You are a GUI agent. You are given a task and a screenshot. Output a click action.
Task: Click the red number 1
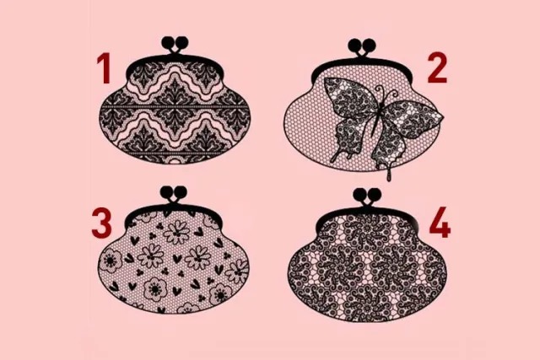[x=104, y=68]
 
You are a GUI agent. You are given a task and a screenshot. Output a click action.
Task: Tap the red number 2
[x=437, y=68]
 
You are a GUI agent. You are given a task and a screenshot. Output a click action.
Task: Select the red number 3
[x=101, y=223]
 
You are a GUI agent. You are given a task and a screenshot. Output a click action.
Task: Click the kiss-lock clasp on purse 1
[x=175, y=45]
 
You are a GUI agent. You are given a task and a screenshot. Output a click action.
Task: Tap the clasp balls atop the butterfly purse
[x=362, y=46]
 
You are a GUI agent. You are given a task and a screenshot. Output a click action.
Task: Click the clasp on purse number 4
[x=368, y=196]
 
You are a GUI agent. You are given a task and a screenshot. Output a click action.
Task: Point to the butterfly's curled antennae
[x=387, y=91]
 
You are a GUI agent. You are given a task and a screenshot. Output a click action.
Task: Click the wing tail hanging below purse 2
[x=390, y=172]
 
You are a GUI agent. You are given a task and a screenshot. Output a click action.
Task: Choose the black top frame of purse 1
[x=175, y=62]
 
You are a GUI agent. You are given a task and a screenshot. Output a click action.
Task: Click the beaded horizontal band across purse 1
[x=175, y=107]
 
